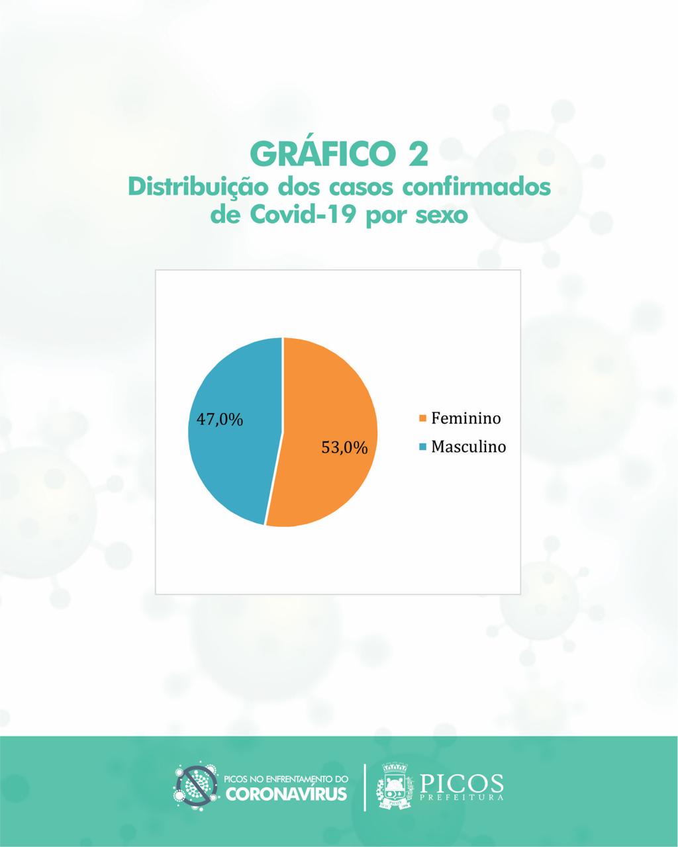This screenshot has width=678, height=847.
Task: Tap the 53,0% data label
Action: (344, 448)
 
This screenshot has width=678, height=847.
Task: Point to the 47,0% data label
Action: (219, 420)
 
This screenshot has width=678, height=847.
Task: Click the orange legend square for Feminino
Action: (423, 418)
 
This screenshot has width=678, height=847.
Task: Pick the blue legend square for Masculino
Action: (423, 447)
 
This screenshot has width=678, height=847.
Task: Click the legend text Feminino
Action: (466, 418)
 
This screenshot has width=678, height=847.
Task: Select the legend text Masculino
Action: (469, 446)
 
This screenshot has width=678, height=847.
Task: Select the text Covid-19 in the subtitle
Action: (301, 215)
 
